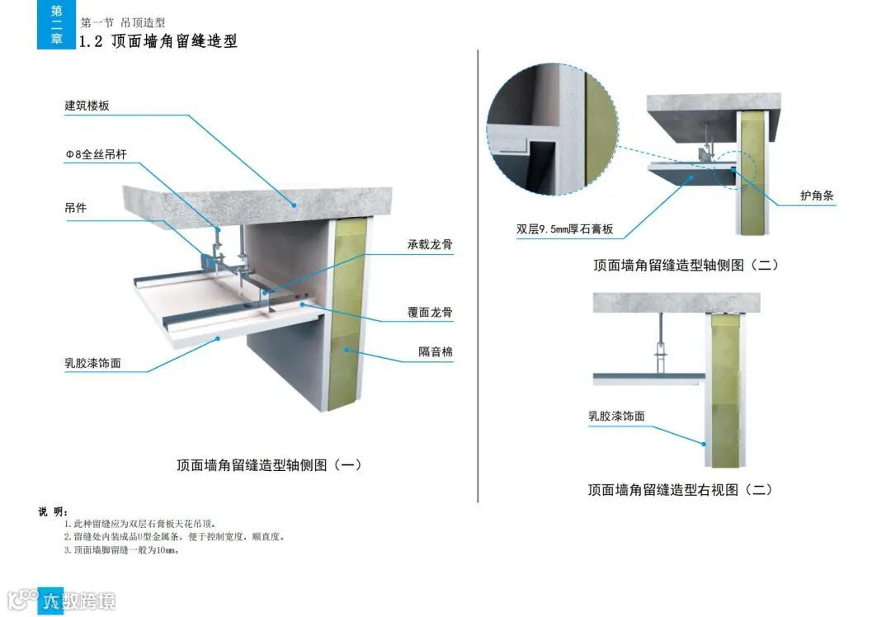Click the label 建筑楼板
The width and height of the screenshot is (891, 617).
(87, 106)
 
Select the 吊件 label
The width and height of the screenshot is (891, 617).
(76, 208)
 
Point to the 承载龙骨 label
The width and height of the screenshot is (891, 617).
(429, 245)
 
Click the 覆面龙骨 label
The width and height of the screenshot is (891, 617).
(429, 313)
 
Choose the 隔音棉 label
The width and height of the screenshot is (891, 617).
(435, 352)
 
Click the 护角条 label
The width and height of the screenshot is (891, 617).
(818, 196)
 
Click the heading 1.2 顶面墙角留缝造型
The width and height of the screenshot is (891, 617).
(158, 41)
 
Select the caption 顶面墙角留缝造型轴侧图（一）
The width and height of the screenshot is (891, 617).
(269, 465)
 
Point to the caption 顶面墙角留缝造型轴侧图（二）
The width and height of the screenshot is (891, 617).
(686, 265)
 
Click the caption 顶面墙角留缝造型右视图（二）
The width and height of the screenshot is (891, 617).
(680, 489)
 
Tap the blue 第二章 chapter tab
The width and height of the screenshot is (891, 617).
(56, 25)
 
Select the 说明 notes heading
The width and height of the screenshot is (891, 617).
(53, 511)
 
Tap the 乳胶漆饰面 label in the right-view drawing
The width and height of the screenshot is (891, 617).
(616, 417)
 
